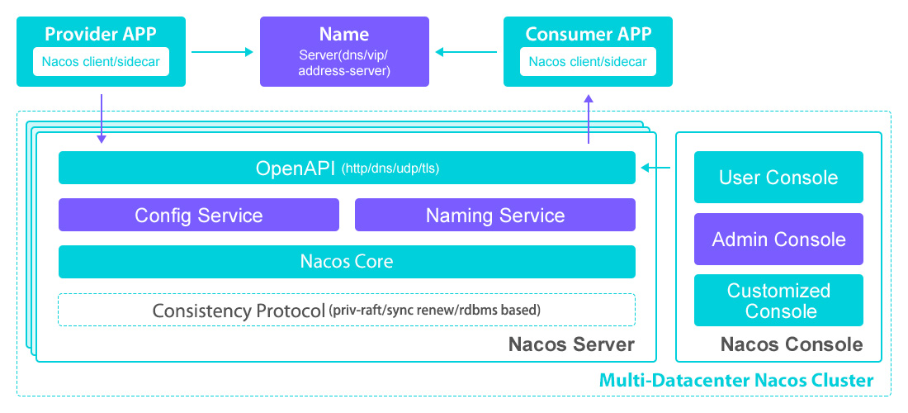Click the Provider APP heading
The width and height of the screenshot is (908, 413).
coord(101,34)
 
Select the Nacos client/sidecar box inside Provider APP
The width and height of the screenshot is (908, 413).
coord(101,62)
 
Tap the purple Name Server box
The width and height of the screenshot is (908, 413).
coord(344,52)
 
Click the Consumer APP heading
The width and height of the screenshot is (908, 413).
coord(588,34)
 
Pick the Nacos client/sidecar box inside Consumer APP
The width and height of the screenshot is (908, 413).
coord(588,62)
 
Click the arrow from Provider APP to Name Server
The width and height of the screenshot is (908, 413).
coord(222,52)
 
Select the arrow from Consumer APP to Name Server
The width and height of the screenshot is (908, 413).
coord(466,52)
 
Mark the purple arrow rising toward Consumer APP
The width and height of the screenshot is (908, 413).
coord(589,120)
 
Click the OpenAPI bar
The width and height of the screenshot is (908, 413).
coord(347,168)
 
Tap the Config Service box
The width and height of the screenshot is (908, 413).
coord(198,215)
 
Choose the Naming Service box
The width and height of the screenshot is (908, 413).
coord(494,215)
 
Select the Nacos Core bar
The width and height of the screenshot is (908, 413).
coord(347,262)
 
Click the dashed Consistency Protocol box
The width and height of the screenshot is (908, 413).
coord(347,311)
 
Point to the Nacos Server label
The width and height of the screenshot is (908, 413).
coord(571,344)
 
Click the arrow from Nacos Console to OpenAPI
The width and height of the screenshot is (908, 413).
coord(656,169)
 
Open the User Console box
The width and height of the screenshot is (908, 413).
coord(778,177)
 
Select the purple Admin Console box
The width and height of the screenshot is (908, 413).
coord(778,240)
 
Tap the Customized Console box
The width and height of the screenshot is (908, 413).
coord(778,301)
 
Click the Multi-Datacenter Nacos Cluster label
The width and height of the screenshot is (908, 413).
coord(735,381)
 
